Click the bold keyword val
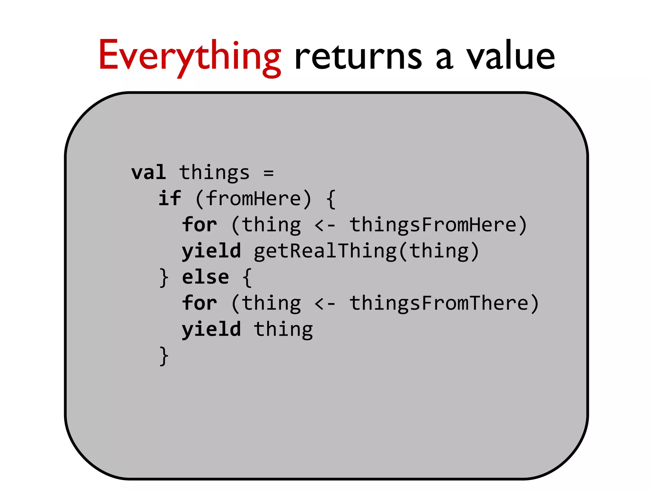(149, 173)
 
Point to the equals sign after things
(268, 173)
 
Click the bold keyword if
(170, 198)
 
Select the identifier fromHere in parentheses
(253, 198)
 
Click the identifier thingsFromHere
(433, 225)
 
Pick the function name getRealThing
(325, 251)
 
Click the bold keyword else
(205, 277)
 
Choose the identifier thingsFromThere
(439, 303)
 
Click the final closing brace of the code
(164, 356)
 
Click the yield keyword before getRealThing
(211, 251)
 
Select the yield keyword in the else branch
(211, 330)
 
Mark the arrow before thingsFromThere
(325, 303)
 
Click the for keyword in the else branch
(200, 303)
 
